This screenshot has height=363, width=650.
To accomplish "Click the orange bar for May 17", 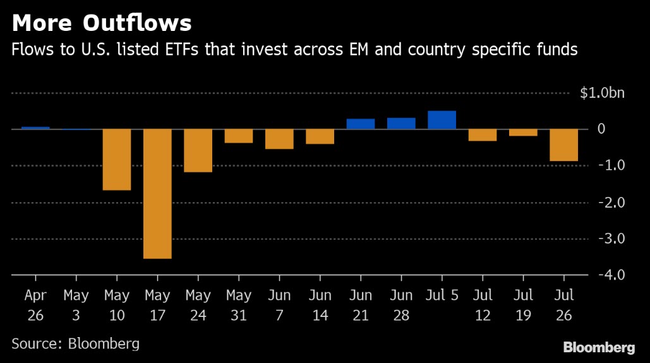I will point(157,194).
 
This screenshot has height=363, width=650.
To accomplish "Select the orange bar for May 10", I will point(117,160).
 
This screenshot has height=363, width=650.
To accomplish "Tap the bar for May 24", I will point(198,151).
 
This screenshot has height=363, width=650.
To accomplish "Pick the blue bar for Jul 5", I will point(442,120).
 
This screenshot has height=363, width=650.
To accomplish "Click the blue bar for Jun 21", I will point(361,124).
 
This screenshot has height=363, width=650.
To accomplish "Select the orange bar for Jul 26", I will point(563,145).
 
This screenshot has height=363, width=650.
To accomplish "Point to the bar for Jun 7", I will point(279,140).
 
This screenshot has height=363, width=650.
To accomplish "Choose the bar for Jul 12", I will point(482,135).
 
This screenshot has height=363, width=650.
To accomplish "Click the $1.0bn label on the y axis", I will point(602,93).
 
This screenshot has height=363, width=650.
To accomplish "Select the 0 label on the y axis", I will point(620,129).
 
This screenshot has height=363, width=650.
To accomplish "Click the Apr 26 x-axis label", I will point(35,306).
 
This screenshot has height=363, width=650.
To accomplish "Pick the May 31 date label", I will point(238,306).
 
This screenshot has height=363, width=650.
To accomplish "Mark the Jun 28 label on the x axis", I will point(400,306).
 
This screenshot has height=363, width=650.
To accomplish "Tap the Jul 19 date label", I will point(522,306).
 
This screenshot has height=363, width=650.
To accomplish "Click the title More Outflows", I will point(102,23).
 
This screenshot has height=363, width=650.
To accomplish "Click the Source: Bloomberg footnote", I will point(75,344).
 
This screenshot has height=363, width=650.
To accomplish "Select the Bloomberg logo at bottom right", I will point(599,347).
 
